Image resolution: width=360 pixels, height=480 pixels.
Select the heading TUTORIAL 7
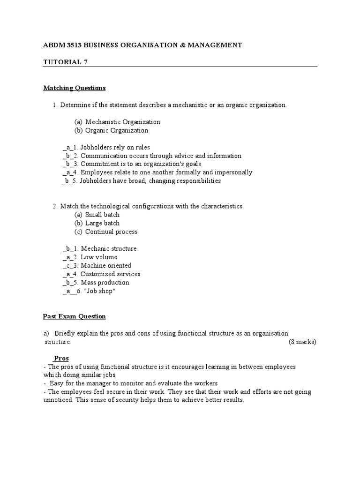[63, 62]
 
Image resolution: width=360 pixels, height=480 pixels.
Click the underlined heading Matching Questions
[74, 88]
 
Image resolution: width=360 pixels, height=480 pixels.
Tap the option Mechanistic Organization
[122, 122]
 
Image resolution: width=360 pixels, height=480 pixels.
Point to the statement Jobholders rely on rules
[115, 147]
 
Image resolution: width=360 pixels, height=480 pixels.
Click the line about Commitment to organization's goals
[141, 164]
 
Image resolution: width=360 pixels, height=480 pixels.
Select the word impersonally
[233, 172]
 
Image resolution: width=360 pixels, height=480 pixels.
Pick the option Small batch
[102, 215]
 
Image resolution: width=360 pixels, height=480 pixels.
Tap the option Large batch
[102, 223]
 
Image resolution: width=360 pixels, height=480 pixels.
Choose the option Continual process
[111, 232]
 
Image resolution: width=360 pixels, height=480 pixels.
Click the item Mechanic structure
[109, 248]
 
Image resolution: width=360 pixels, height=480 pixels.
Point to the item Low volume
[99, 257]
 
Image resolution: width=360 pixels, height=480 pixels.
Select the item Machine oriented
[106, 265]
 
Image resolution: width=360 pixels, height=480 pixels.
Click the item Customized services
[110, 274]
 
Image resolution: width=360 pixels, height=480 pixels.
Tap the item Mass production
[105, 282]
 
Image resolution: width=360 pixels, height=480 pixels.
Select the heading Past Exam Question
[74, 316]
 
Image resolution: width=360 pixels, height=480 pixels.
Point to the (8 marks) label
[303, 342]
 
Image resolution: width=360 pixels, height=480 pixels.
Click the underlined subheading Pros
[61, 359]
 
